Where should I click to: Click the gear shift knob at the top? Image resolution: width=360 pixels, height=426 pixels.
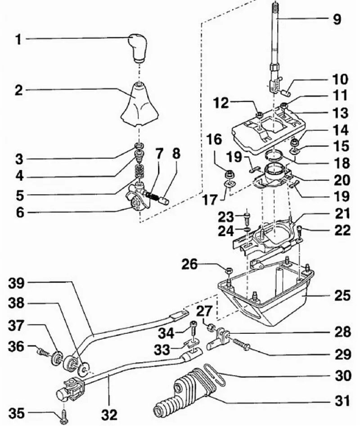click(139, 47)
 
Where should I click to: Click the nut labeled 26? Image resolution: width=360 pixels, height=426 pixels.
click(228, 270)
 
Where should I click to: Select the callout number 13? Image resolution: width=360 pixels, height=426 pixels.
click(341, 112)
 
